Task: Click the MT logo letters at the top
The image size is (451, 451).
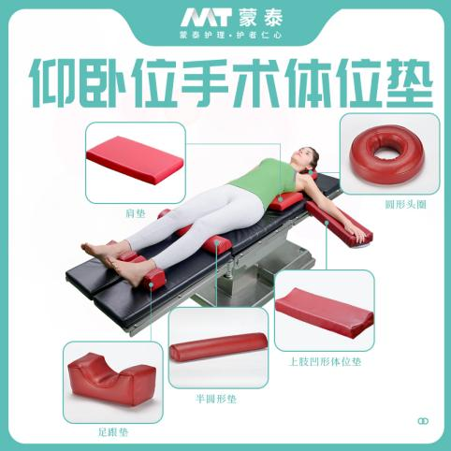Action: tap(206, 19)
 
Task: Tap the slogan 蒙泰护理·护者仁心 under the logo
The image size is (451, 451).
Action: tap(231, 35)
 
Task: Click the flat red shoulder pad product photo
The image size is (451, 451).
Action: tap(135, 159)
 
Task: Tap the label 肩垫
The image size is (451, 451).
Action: tap(136, 213)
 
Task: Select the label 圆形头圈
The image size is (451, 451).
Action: tap(405, 205)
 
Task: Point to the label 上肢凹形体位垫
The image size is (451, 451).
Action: tap(325, 362)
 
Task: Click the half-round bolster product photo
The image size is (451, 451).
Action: tap(218, 347)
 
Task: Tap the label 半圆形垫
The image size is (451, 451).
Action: tap(216, 399)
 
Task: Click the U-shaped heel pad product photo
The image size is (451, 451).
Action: tap(111, 377)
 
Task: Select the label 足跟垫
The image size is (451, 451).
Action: tap(113, 432)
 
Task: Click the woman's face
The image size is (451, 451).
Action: tap(300, 156)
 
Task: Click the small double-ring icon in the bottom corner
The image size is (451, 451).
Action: tap(423, 421)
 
